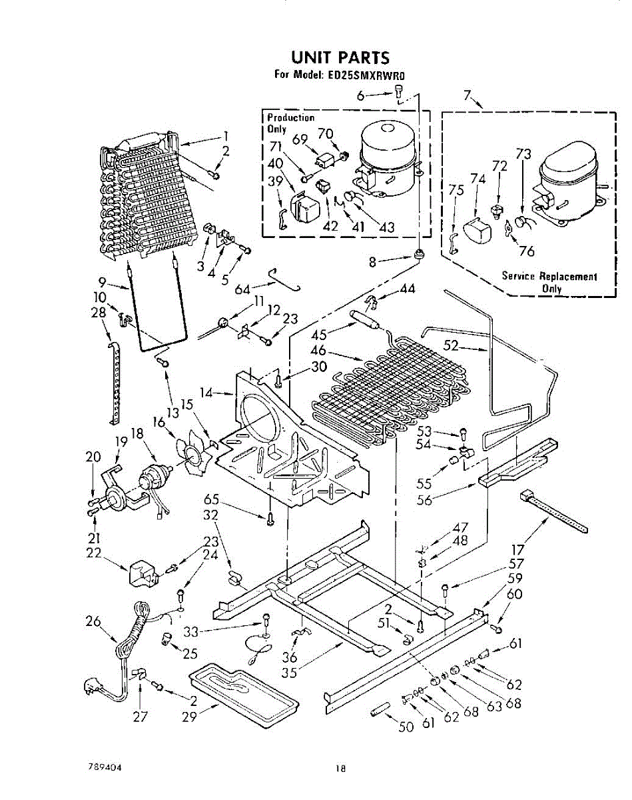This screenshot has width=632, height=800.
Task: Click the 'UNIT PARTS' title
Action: pos(340,58)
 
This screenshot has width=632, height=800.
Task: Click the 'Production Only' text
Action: pos(290,123)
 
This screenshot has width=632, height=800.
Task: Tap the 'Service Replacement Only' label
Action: pos(549,282)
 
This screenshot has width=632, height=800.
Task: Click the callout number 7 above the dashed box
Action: pos(468,95)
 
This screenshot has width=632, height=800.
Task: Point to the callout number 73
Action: pos(523,154)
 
